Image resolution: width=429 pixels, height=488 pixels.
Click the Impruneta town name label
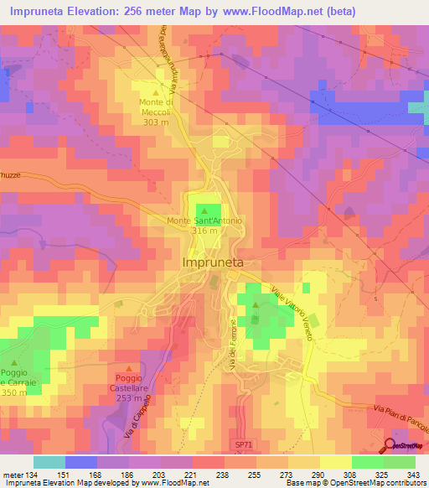point(213,262)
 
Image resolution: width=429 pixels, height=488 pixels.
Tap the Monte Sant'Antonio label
point(204,221)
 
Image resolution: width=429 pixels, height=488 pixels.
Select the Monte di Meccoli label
point(156,108)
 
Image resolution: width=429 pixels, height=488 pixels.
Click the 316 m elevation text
point(204,231)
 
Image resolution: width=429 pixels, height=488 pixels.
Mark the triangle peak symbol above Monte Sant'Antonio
point(204,209)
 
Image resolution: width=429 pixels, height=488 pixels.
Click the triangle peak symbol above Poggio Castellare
point(129,368)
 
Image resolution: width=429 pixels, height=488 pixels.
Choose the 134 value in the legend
point(25,475)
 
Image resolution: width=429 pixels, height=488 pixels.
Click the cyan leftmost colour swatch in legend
point(49,462)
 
